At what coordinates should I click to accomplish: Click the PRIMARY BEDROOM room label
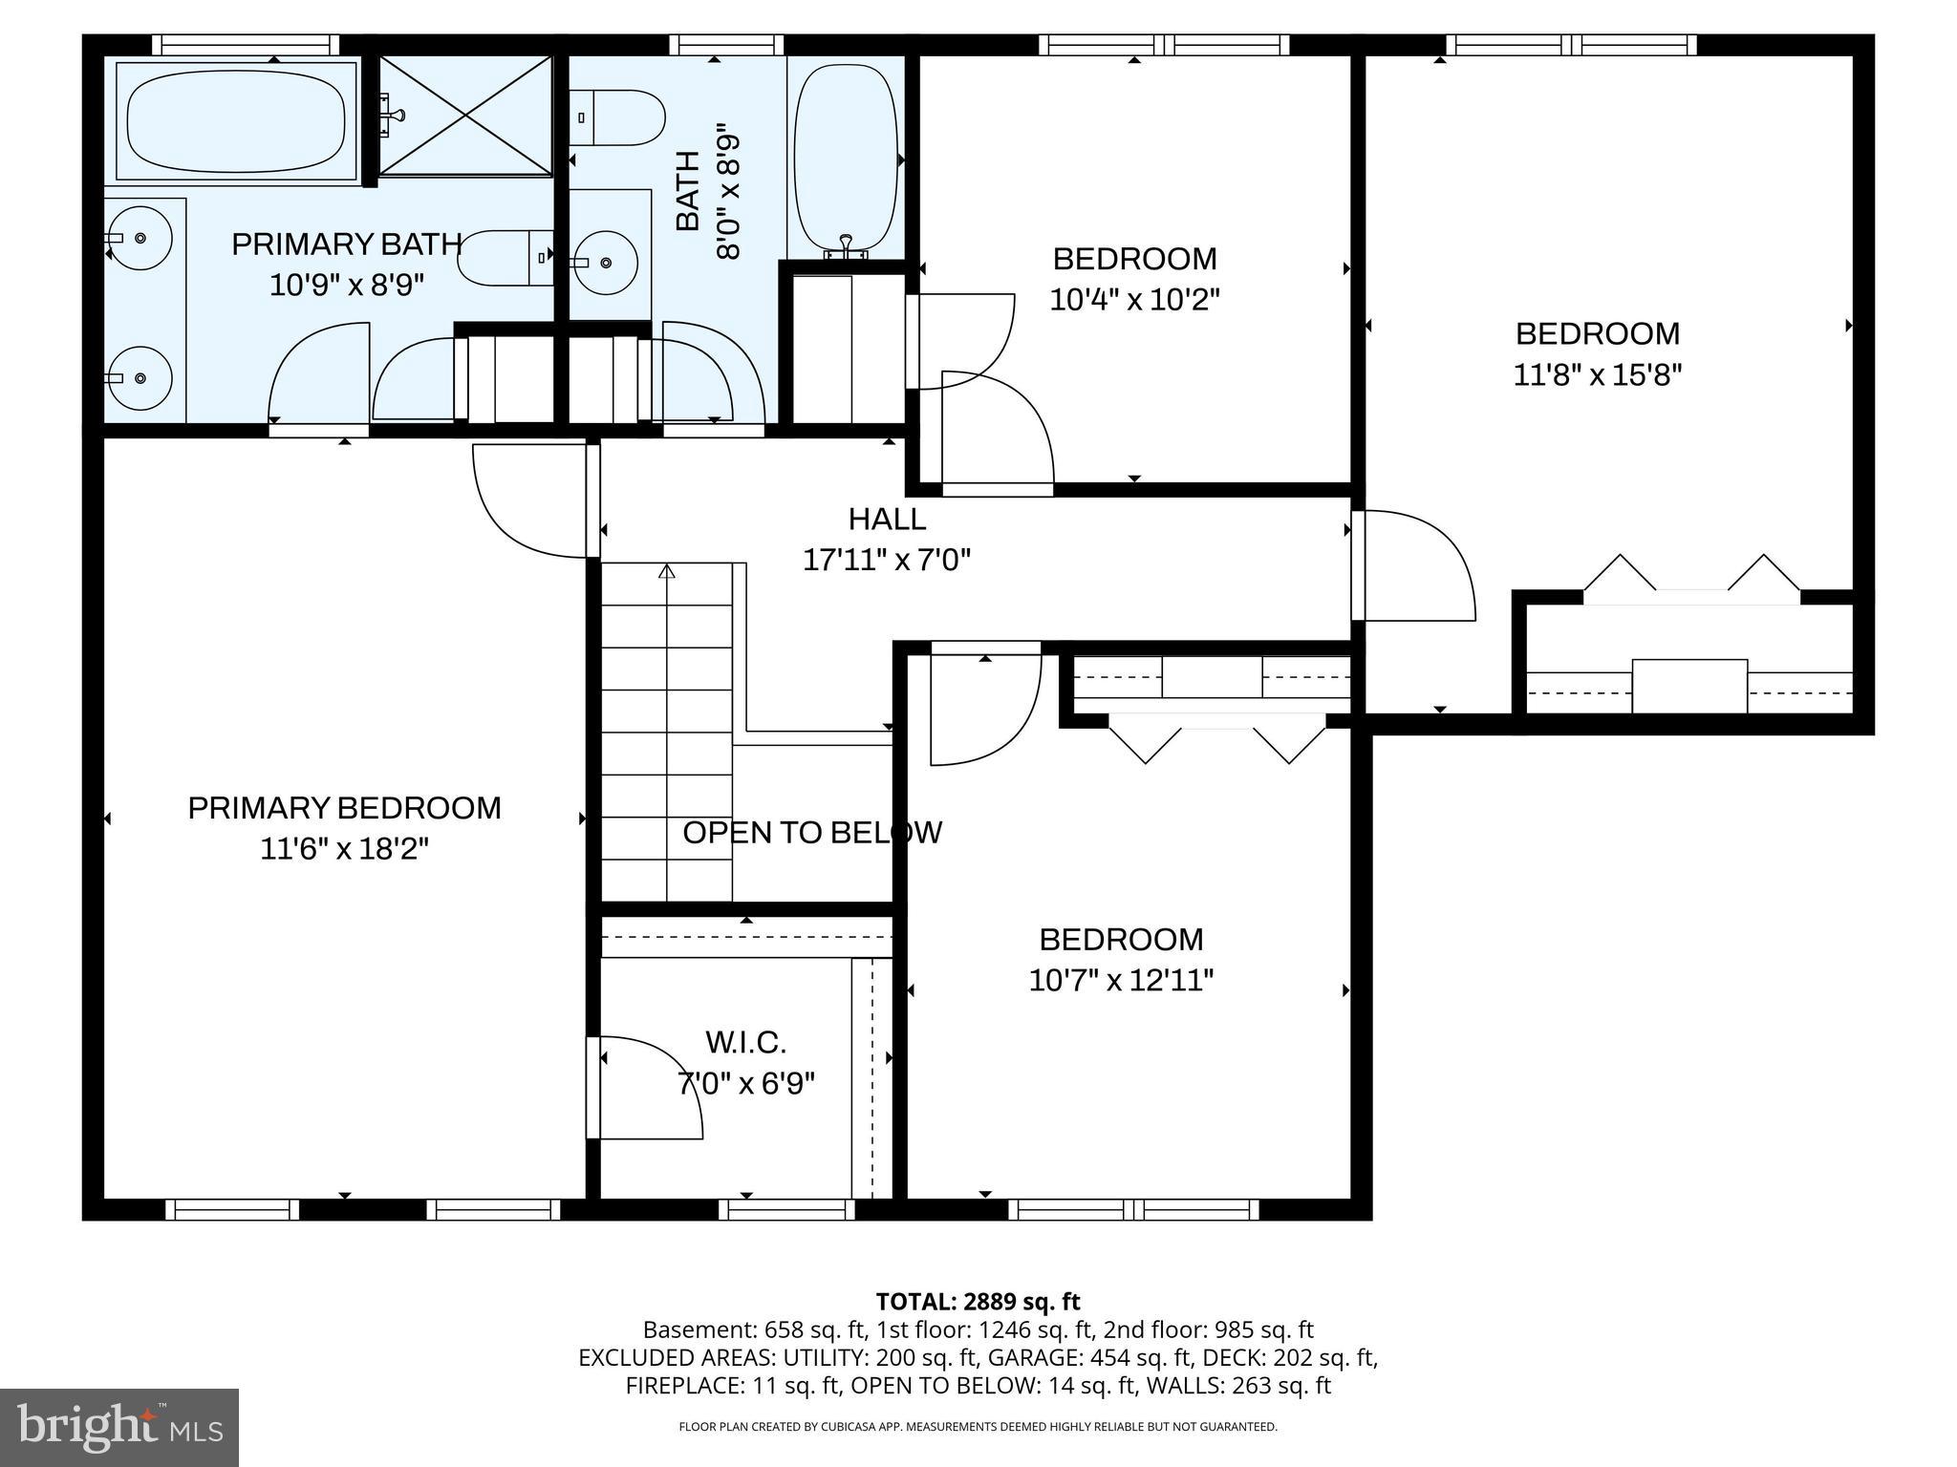[x=344, y=808]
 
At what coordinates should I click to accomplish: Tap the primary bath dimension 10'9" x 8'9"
[x=346, y=285]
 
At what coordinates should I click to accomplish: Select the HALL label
[x=887, y=519]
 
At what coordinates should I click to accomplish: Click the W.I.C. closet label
[x=745, y=1042]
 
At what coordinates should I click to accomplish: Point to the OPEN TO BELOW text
[x=812, y=833]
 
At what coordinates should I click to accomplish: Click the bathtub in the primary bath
[x=236, y=120]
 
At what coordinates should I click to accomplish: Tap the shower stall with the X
[x=465, y=116]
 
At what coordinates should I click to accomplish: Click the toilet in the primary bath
[x=506, y=258]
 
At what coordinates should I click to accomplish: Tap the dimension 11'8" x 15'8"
[x=1597, y=374]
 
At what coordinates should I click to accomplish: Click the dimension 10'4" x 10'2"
[x=1134, y=300]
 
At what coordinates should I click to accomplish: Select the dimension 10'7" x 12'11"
[x=1121, y=980]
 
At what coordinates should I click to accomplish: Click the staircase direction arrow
[x=667, y=571]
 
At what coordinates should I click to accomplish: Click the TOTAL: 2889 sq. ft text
[x=978, y=1301]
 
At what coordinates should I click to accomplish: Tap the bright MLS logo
[x=119, y=1427]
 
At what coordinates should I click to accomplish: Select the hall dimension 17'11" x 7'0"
[x=887, y=560]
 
